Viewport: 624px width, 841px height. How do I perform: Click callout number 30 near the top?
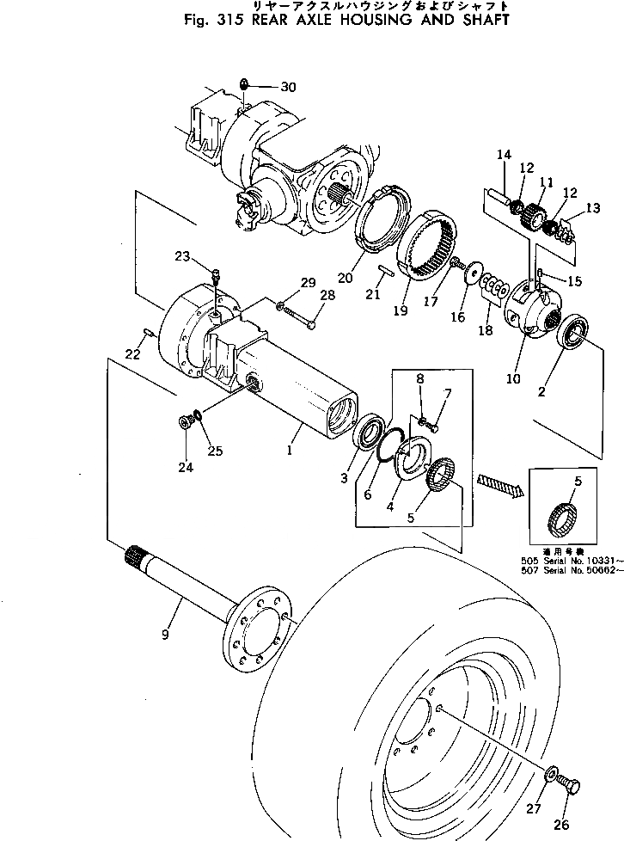tap(287, 86)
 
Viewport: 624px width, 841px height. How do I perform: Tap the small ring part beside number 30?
tap(244, 84)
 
